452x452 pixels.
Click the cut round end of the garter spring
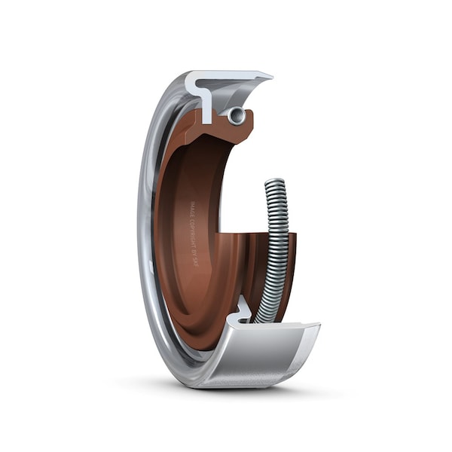237,115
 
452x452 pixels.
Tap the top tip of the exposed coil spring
274,182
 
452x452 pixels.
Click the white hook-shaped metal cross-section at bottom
243,310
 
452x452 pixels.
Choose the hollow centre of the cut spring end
237,115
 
